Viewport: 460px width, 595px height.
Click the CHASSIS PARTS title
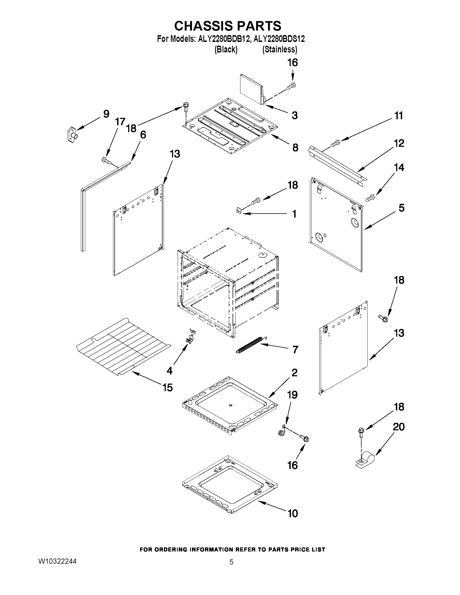coord(227,26)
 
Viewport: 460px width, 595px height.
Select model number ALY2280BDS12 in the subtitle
coord(279,39)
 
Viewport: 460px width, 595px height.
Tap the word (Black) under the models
coord(226,49)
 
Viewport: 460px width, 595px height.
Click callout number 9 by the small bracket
coord(106,114)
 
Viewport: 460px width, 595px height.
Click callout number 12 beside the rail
coord(399,143)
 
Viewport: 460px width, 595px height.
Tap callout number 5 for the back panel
coord(401,208)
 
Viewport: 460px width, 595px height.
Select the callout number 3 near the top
coord(294,115)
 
